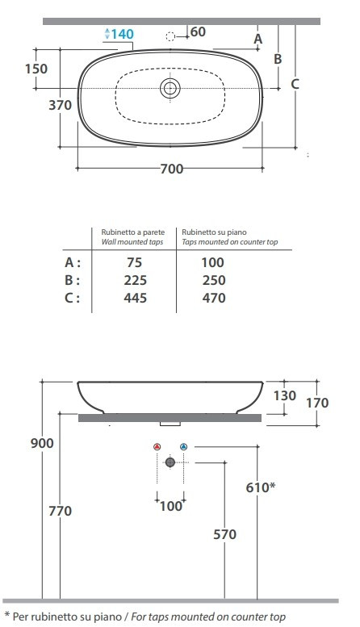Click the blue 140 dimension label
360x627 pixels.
pyautogui.click(x=122, y=34)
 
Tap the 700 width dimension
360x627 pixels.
pyautogui.click(x=172, y=169)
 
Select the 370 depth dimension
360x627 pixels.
pyautogui.click(x=60, y=105)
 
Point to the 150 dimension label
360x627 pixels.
pyautogui.click(x=36, y=69)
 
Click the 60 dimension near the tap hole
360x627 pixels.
pyautogui.click(x=198, y=31)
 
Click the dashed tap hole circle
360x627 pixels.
pyautogui.click(x=170, y=37)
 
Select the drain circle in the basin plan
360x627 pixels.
pyautogui.click(x=170, y=88)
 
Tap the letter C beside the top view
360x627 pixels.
pyautogui.click(x=295, y=84)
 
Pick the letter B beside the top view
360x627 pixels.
pyautogui.click(x=278, y=59)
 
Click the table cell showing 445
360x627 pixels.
pyautogui.click(x=135, y=298)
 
